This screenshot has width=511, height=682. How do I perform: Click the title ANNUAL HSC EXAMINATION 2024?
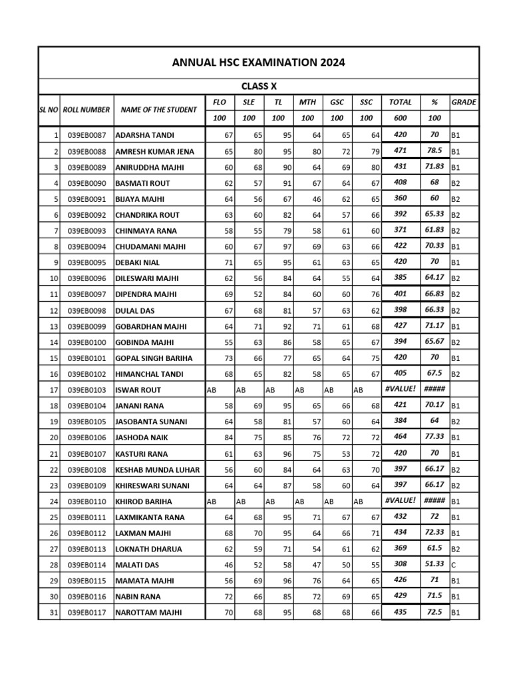(x=259, y=63)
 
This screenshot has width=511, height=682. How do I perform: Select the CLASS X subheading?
(x=259, y=87)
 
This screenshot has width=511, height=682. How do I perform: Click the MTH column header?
(x=307, y=103)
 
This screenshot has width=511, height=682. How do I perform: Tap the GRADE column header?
(x=464, y=103)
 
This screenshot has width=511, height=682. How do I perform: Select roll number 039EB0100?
(x=86, y=342)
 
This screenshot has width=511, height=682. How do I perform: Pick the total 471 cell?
(x=400, y=151)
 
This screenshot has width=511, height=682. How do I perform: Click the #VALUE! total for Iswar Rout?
(x=400, y=390)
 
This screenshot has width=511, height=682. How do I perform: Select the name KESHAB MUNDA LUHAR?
(x=158, y=470)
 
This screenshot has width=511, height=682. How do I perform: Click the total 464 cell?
(x=400, y=438)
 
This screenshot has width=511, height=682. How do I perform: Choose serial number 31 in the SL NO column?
(x=54, y=613)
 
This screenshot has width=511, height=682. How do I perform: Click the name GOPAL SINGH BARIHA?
(x=153, y=358)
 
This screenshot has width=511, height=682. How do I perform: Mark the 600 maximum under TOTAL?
(x=400, y=118)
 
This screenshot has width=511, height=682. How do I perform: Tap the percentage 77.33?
(x=434, y=438)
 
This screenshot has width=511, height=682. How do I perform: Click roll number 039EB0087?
(x=86, y=135)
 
